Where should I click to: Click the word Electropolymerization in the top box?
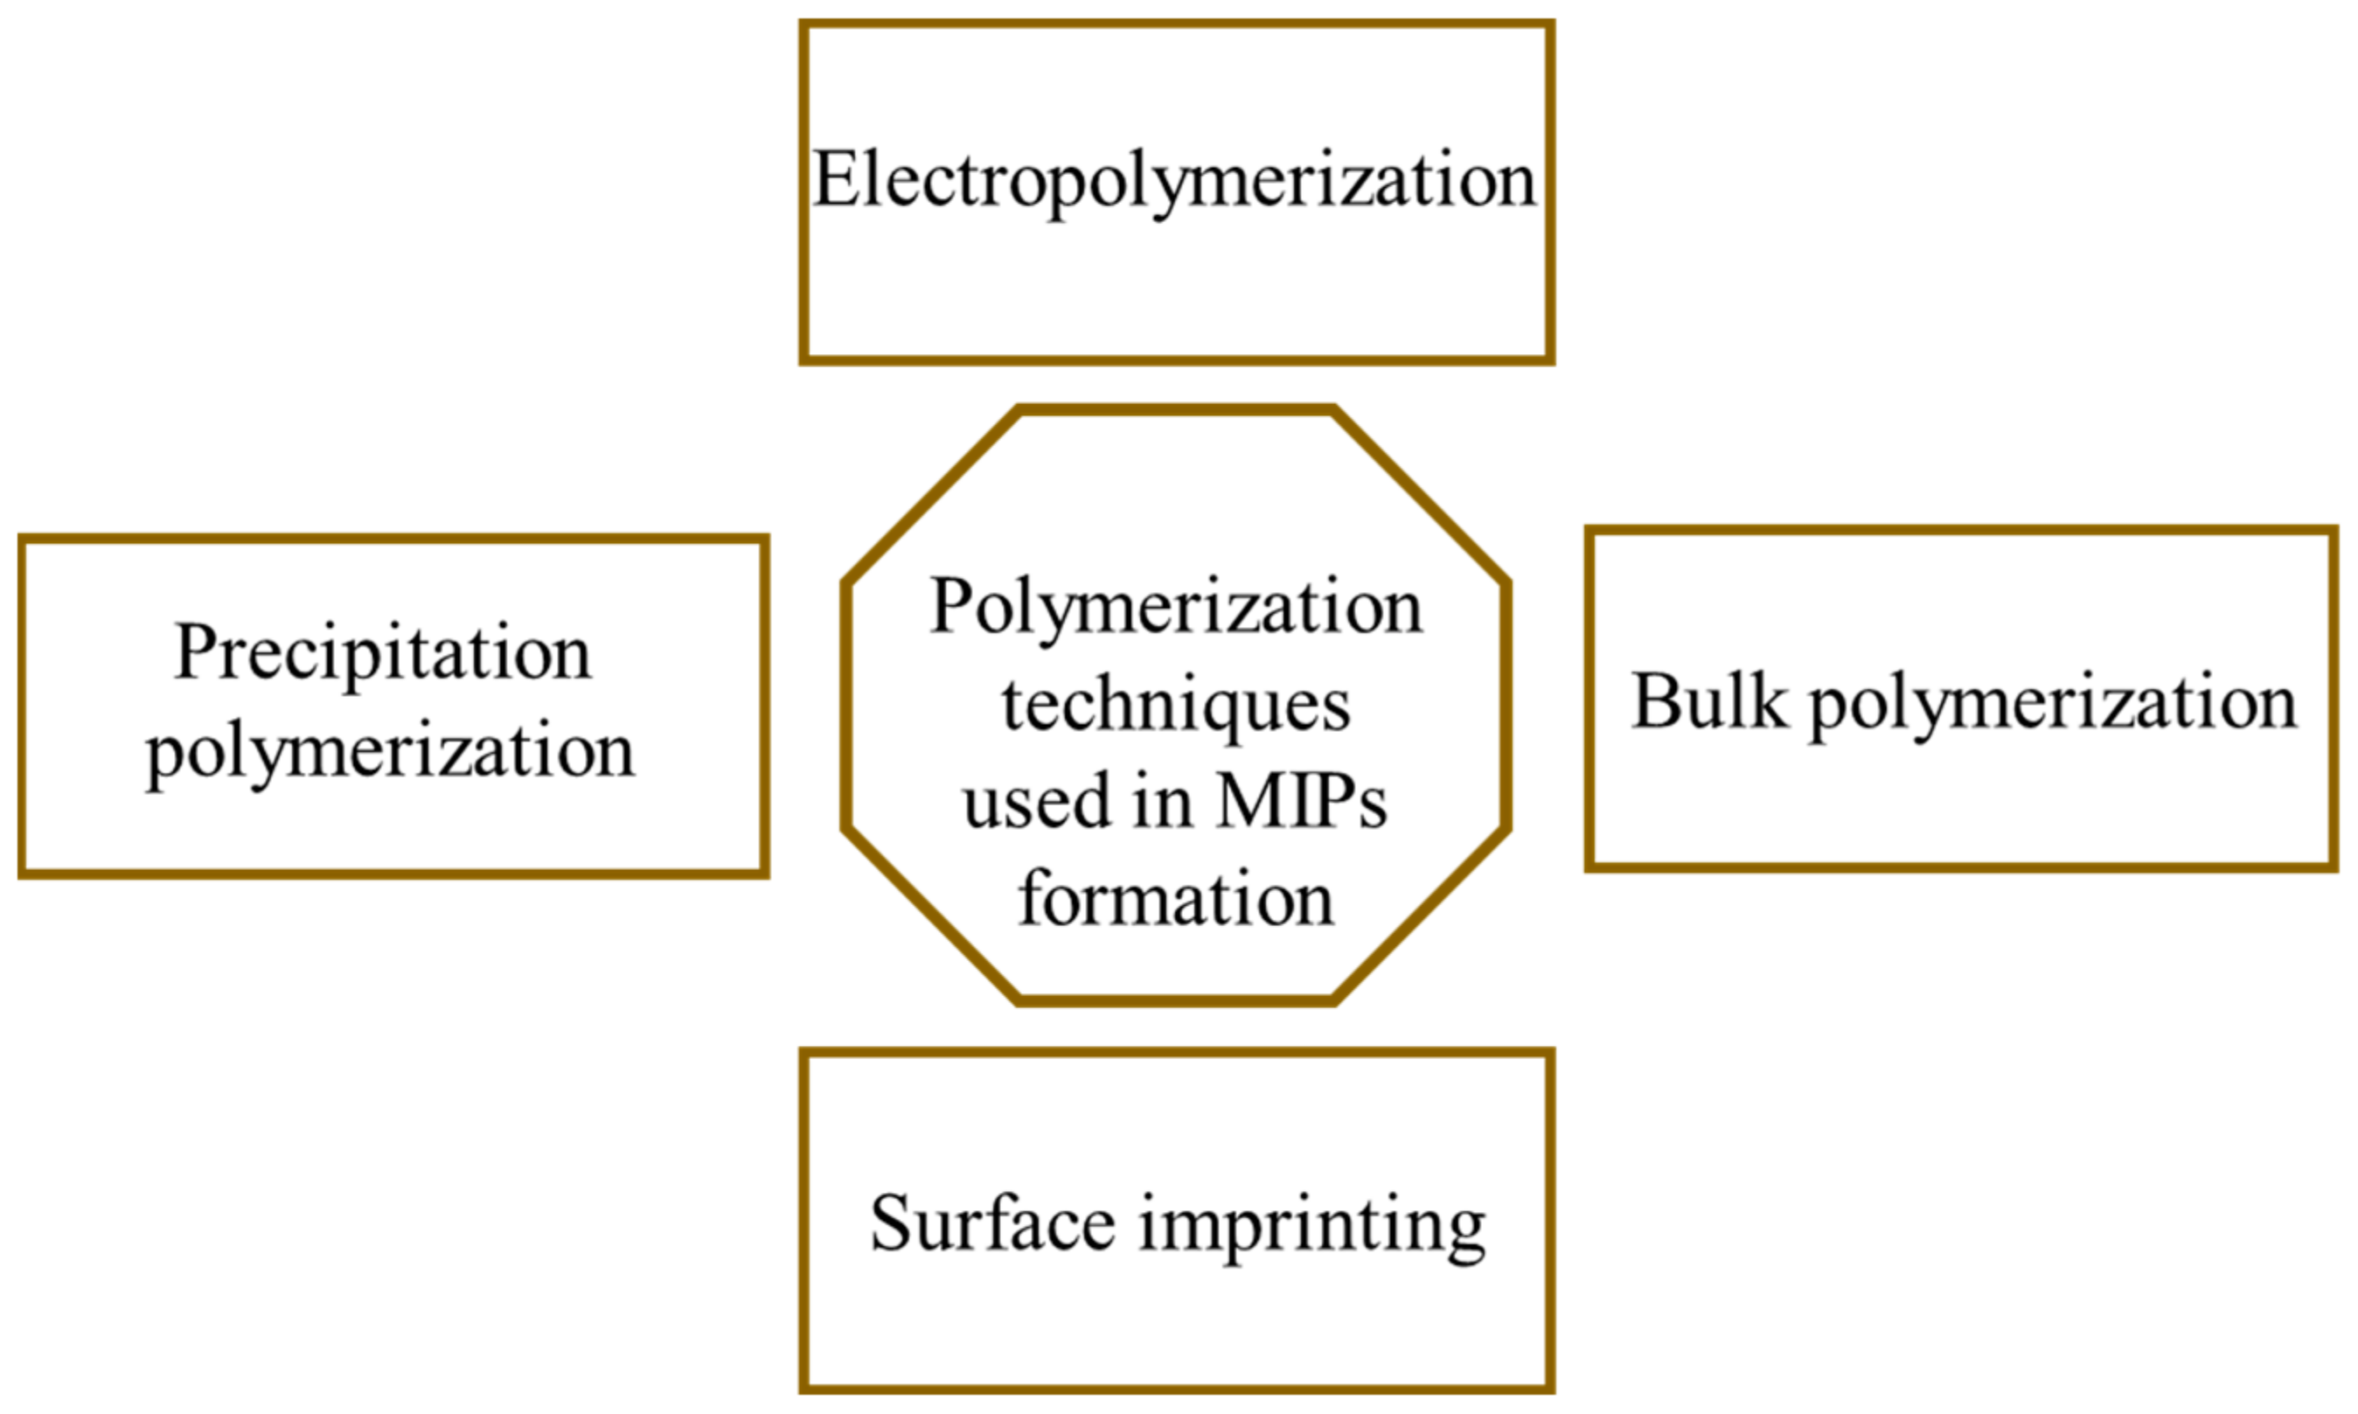click(1173, 181)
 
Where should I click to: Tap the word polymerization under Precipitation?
click(391, 753)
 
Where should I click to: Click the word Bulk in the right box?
click(1709, 702)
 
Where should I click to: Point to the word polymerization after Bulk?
click(2053, 705)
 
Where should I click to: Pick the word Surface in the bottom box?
click(992, 1223)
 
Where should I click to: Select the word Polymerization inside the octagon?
click(1176, 608)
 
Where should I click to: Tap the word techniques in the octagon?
click(1176, 707)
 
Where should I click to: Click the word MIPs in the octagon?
click(1301, 802)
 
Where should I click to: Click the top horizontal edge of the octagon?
click(1176, 411)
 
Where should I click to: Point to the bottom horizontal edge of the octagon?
click(1176, 1000)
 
